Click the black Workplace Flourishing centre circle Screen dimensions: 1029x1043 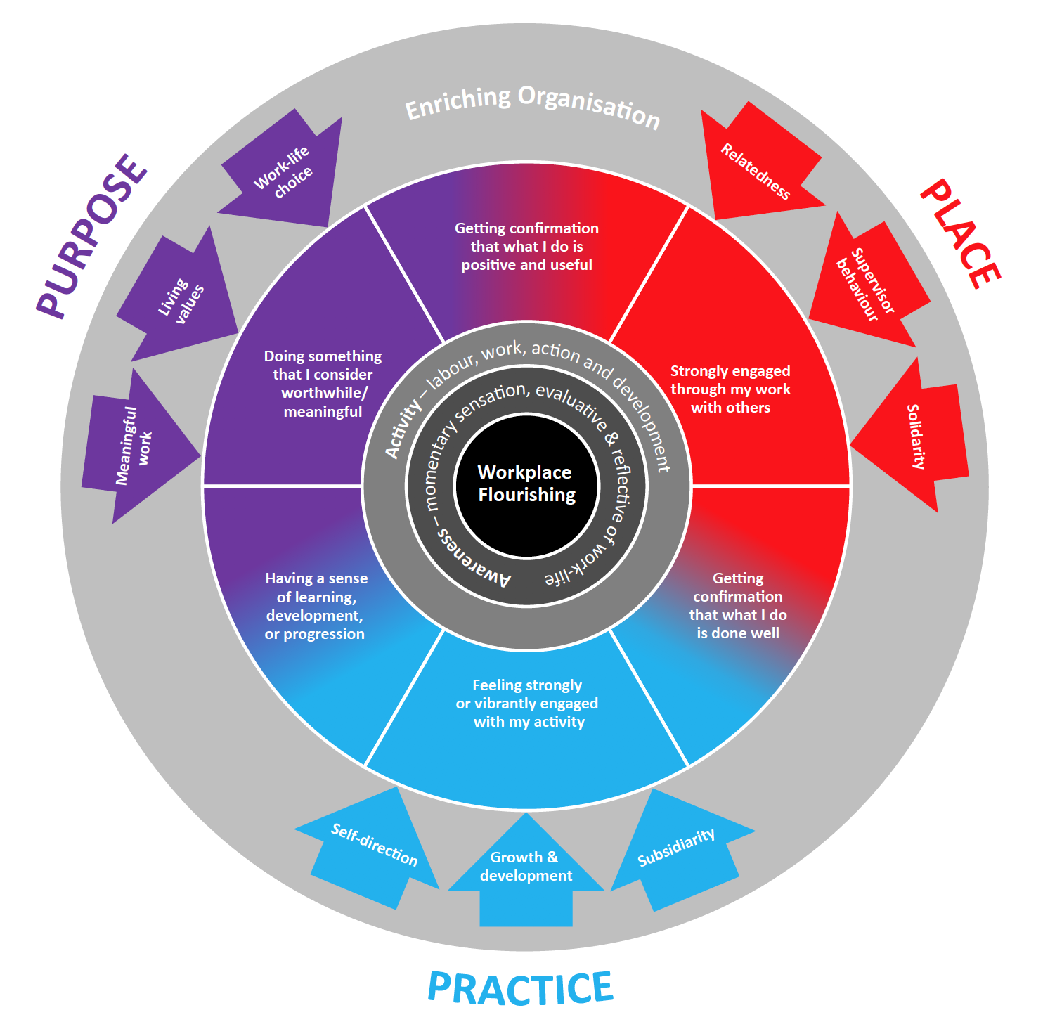tap(526, 484)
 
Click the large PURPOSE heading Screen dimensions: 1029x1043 tap(91, 236)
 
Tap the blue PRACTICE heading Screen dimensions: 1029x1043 tap(520, 988)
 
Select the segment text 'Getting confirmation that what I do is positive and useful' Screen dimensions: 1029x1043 tap(526, 247)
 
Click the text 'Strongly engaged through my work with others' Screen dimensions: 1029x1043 tap(730, 389)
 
